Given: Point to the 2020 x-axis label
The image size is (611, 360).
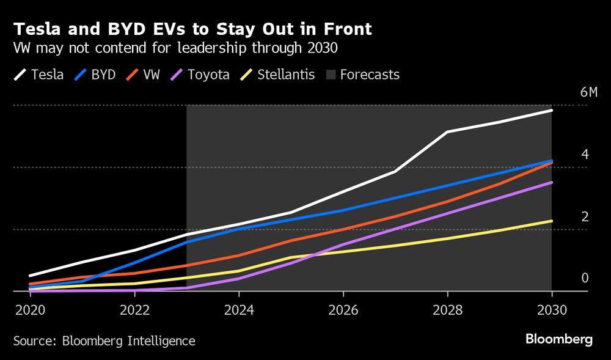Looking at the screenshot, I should [29, 309].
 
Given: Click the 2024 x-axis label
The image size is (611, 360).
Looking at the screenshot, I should [239, 309].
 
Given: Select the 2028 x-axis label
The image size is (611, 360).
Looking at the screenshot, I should [448, 309].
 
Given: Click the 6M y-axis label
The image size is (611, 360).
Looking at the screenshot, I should [588, 92].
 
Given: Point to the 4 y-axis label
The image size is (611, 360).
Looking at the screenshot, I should [585, 155].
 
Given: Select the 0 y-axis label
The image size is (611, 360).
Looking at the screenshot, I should [585, 279].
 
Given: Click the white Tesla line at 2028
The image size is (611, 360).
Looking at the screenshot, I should [448, 131].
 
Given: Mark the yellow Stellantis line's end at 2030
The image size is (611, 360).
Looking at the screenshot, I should [552, 221].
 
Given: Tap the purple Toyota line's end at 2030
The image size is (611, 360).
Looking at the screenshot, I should [552, 183].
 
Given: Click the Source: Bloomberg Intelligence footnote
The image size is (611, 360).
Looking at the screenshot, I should [104, 341].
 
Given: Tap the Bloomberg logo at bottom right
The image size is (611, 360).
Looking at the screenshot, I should [558, 340].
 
